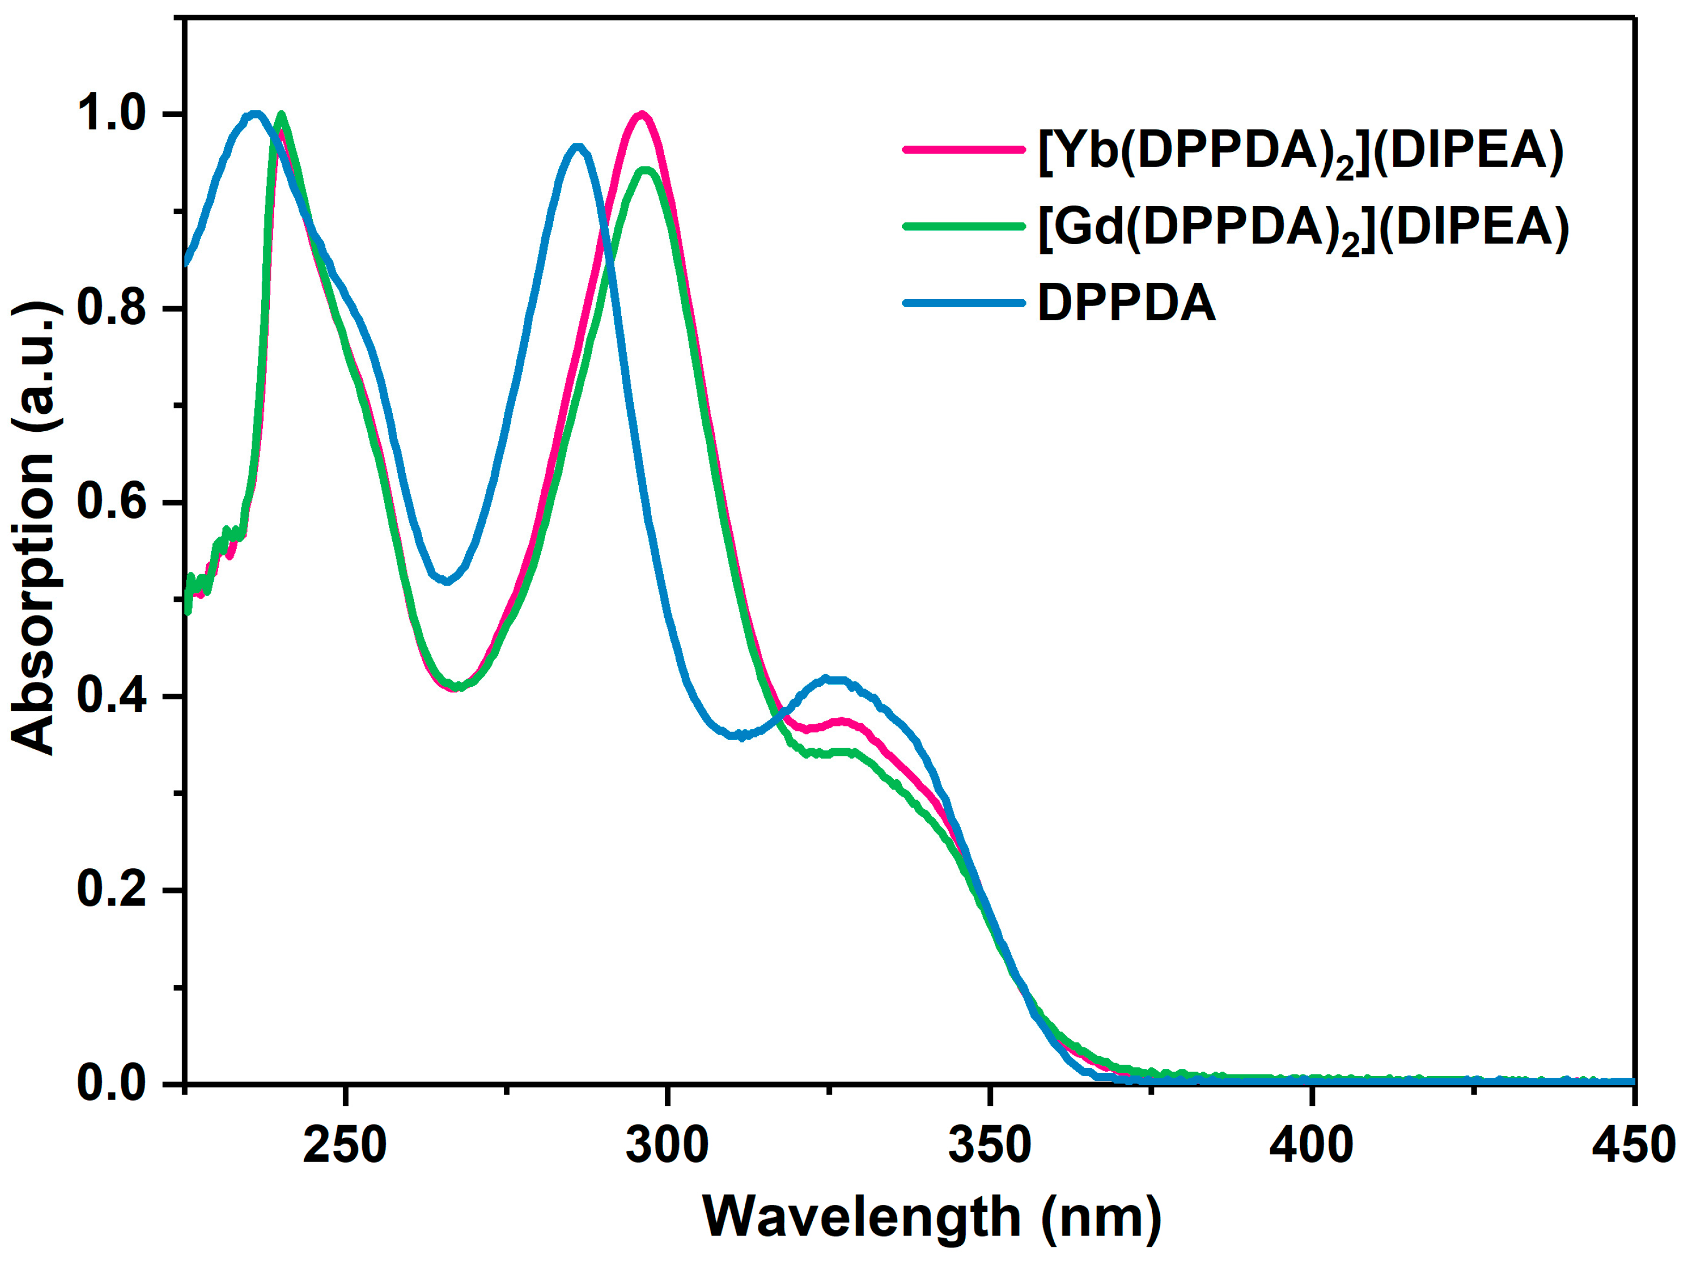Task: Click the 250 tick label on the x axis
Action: tap(345, 1144)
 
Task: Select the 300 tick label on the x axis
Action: tap(668, 1144)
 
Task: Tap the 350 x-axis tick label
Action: tap(989, 1144)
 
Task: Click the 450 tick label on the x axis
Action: tap(1632, 1144)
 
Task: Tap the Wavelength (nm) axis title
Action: tap(932, 1217)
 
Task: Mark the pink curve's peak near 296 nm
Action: tap(642, 114)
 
